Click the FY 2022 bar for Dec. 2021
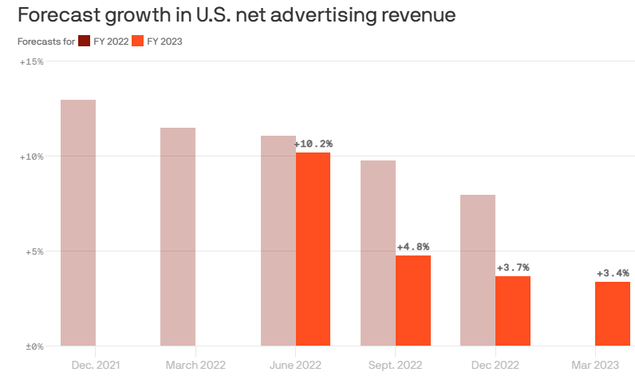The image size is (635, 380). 78,223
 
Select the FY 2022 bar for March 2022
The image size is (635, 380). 178,237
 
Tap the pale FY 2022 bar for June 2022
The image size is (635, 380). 278,240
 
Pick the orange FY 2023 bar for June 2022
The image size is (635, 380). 313,249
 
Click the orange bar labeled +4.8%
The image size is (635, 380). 413,301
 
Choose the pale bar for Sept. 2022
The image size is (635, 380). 378,253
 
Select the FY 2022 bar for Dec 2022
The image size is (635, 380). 478,270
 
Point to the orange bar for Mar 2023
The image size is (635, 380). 613,314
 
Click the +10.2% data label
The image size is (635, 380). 314,144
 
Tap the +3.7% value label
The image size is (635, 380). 513,267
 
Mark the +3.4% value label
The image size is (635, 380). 613,273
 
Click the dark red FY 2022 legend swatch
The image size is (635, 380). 85,41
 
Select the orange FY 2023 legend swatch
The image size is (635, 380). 138,41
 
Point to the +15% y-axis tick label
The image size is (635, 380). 32,61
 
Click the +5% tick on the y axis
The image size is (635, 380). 34,251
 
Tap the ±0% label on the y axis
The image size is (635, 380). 34,346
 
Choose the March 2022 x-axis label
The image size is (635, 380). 195,365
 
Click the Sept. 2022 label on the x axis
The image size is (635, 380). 395,365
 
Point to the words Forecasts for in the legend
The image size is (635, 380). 46,42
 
